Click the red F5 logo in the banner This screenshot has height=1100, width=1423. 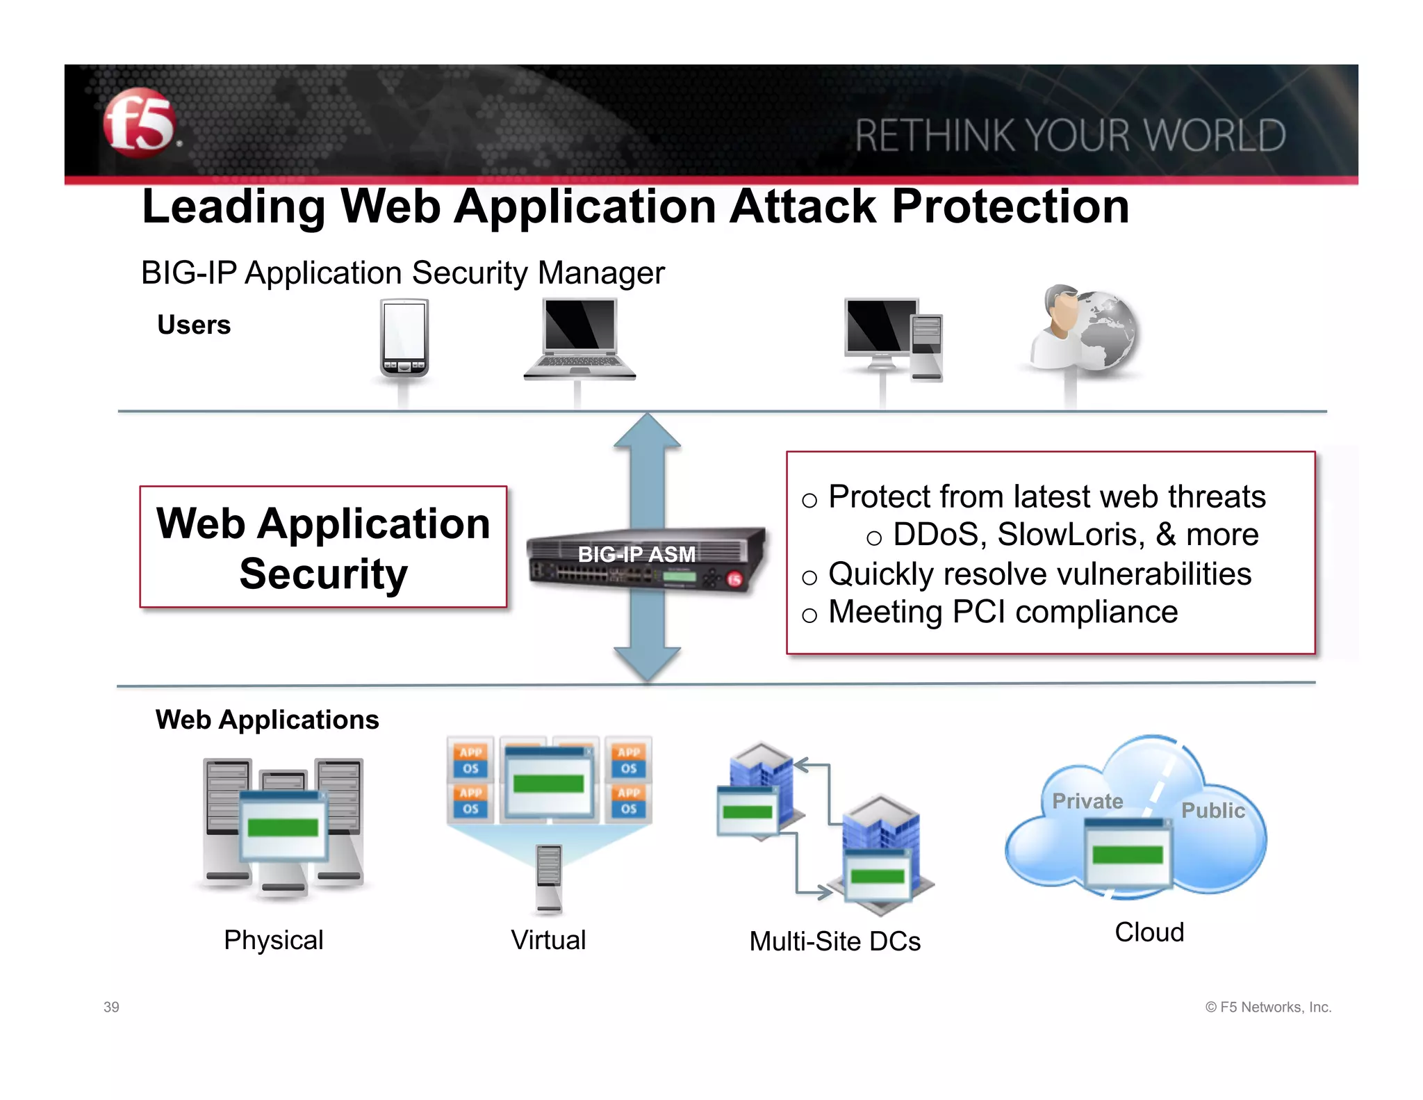coord(139,122)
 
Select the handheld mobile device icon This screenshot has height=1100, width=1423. coord(404,338)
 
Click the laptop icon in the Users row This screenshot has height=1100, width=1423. coord(580,339)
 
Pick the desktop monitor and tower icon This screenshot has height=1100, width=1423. coord(893,339)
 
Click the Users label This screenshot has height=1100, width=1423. coord(194,325)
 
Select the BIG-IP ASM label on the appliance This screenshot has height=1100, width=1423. coord(636,554)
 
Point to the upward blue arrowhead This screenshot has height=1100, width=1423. coord(647,431)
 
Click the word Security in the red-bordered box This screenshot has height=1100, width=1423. coord(323,574)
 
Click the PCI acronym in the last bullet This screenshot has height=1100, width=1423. coord(978,612)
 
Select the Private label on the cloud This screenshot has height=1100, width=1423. coord(1087,801)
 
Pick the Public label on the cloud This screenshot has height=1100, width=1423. coord(1212,810)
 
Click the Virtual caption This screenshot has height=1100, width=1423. coord(548,940)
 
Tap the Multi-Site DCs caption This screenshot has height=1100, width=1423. coord(834,941)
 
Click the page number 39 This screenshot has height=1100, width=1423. coord(111,1007)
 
